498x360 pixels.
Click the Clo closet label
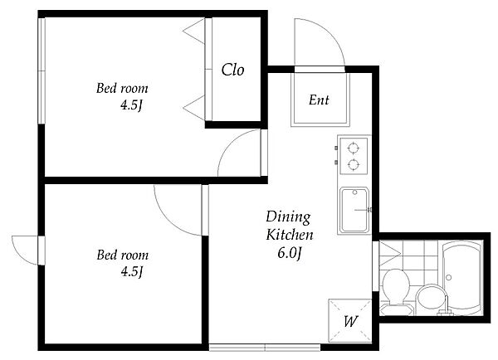point(232,70)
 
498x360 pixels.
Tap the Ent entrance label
point(319,100)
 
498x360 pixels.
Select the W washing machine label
point(350,322)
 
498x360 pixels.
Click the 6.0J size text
point(290,253)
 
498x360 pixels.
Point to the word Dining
point(288,217)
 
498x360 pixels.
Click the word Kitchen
point(290,235)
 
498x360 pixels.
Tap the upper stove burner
point(354,148)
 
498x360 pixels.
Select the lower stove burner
point(354,164)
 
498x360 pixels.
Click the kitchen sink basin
point(354,210)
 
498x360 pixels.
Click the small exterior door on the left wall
point(26,251)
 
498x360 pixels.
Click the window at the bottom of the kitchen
point(265,348)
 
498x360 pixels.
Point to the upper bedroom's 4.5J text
point(131,105)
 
